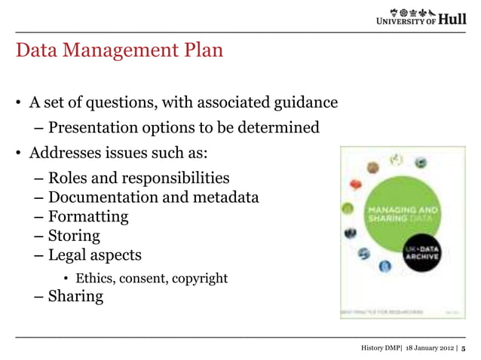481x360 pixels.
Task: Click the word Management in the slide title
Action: point(122,52)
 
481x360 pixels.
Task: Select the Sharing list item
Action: point(75,296)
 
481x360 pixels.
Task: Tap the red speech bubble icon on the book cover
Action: point(357,183)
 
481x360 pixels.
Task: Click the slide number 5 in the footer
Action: point(464,348)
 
